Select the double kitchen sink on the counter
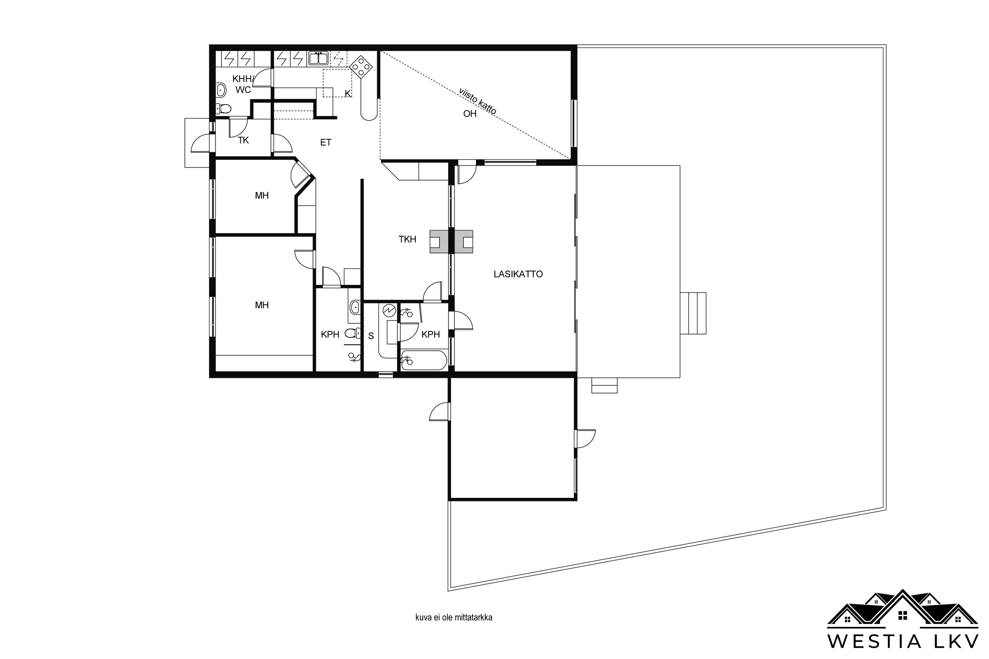(318, 58)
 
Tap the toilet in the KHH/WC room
(223, 109)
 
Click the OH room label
(470, 113)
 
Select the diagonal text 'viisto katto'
(478, 101)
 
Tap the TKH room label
(407, 239)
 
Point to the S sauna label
(371, 336)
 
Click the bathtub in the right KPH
(424, 360)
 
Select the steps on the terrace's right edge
(693, 313)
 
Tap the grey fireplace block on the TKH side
(439, 242)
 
